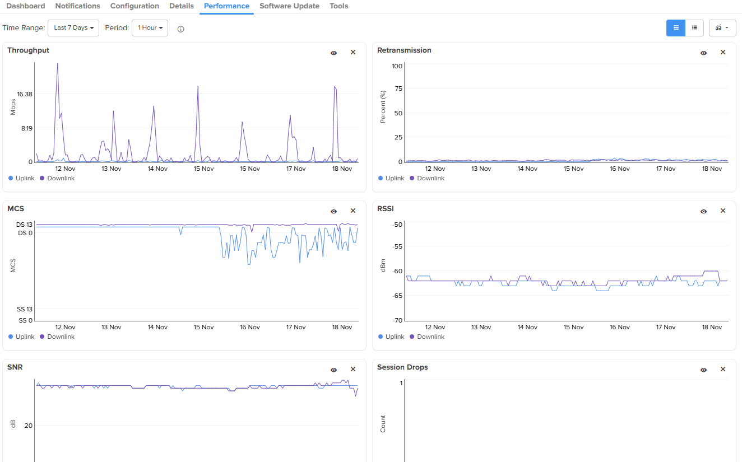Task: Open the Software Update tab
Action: pos(289,6)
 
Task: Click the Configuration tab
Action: pos(135,6)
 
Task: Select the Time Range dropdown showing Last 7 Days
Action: pos(73,28)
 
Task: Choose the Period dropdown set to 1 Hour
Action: pos(150,28)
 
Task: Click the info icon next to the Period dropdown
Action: pos(180,29)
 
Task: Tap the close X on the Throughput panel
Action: pos(353,52)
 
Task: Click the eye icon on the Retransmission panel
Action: pos(703,53)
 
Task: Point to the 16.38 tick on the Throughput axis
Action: pos(25,94)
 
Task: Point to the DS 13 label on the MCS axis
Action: pos(25,225)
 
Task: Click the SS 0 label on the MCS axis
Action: pos(26,320)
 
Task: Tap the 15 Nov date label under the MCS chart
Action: pos(203,327)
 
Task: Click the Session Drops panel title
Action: pos(402,367)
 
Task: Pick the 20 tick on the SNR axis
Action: pos(28,426)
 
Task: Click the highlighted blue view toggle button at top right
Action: pos(676,28)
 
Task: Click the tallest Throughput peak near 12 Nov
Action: pos(57,64)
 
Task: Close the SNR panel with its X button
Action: pos(353,369)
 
